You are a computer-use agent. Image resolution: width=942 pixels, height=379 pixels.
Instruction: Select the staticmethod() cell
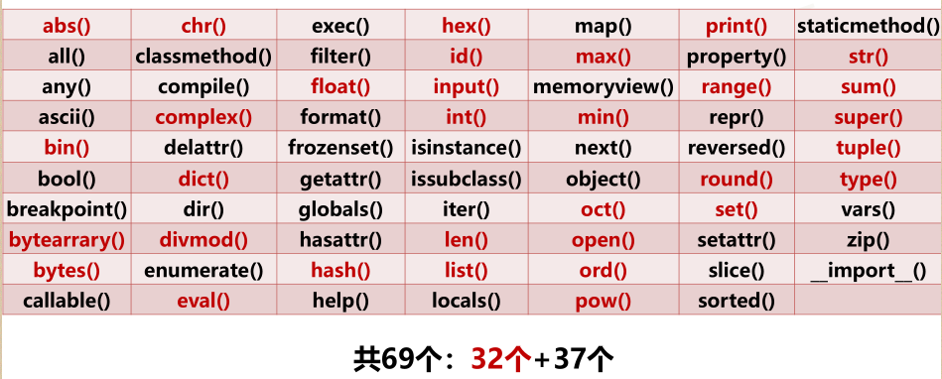(x=869, y=26)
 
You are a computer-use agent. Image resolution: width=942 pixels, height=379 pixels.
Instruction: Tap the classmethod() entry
(x=203, y=57)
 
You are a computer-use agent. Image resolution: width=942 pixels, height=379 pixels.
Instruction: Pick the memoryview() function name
(x=603, y=87)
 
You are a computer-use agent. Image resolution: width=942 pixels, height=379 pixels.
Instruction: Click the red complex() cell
(x=203, y=118)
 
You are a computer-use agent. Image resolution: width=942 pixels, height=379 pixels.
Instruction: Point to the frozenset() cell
(x=340, y=149)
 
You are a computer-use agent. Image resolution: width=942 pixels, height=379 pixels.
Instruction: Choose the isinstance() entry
(x=466, y=149)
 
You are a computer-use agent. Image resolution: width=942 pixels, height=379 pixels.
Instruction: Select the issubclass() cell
(x=466, y=180)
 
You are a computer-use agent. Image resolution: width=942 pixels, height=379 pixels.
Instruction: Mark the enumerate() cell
(x=203, y=271)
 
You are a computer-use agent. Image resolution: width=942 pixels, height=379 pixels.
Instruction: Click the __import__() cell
(x=869, y=271)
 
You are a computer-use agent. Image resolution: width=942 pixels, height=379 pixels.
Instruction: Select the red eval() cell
(x=203, y=301)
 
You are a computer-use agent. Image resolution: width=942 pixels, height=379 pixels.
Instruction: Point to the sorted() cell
(x=736, y=301)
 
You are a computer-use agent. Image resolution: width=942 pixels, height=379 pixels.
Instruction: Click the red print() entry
(x=736, y=26)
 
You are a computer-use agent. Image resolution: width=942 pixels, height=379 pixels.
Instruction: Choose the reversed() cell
(x=736, y=149)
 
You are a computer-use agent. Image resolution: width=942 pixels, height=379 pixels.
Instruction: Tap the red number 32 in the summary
(x=488, y=356)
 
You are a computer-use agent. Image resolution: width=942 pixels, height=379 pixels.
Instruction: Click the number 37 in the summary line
(x=570, y=356)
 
